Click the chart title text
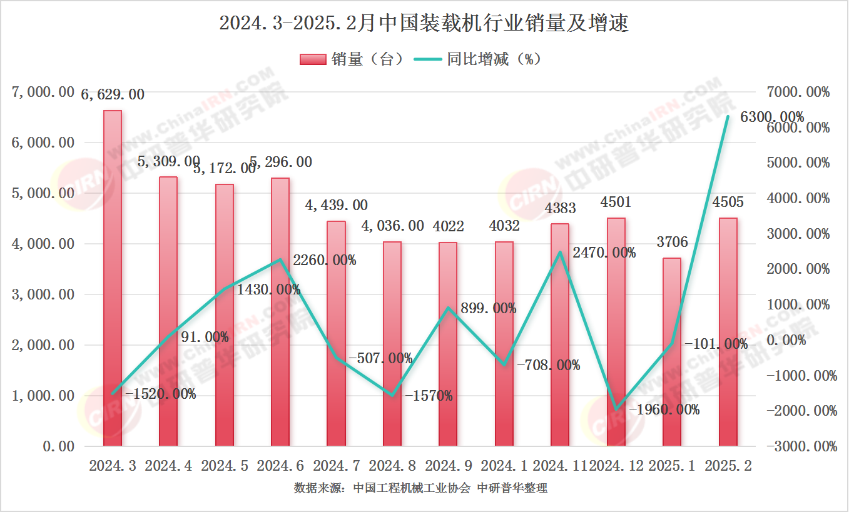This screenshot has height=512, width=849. pyautogui.click(x=424, y=24)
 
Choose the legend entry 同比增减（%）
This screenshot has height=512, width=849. pyautogui.click(x=486, y=59)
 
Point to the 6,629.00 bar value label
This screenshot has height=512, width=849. pyautogui.click(x=113, y=95)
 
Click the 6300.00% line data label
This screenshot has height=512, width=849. pyautogui.click(x=771, y=117)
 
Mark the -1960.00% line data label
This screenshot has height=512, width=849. pyautogui.click(x=664, y=410)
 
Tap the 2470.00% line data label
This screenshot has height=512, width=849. pyautogui.click(x=604, y=253)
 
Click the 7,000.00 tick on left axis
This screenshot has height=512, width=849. pyautogui.click(x=43, y=93)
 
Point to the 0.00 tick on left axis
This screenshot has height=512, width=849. pyautogui.click(x=59, y=446)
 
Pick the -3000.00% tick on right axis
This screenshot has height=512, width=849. pyautogui.click(x=802, y=446)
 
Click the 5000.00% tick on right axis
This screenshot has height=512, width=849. pyautogui.click(x=799, y=163)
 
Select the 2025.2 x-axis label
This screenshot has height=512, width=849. pyautogui.click(x=728, y=466)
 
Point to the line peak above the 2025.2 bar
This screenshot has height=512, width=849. pyautogui.click(x=728, y=117)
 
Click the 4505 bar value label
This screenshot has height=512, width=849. pyautogui.click(x=728, y=203)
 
